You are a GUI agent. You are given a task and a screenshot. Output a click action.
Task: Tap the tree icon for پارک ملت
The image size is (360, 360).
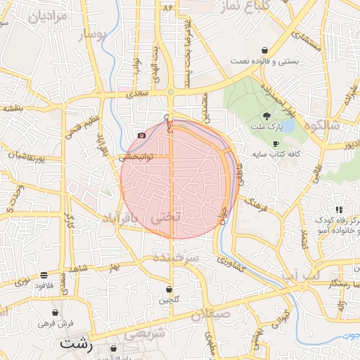click(266, 115)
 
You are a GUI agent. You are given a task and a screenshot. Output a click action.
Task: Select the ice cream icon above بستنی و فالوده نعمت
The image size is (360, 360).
click(264, 51)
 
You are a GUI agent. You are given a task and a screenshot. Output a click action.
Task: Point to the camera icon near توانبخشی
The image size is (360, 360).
click(142, 135)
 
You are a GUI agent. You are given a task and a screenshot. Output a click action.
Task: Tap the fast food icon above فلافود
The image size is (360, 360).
click(44, 275)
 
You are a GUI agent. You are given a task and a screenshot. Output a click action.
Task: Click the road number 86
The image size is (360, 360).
click(167, 7)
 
